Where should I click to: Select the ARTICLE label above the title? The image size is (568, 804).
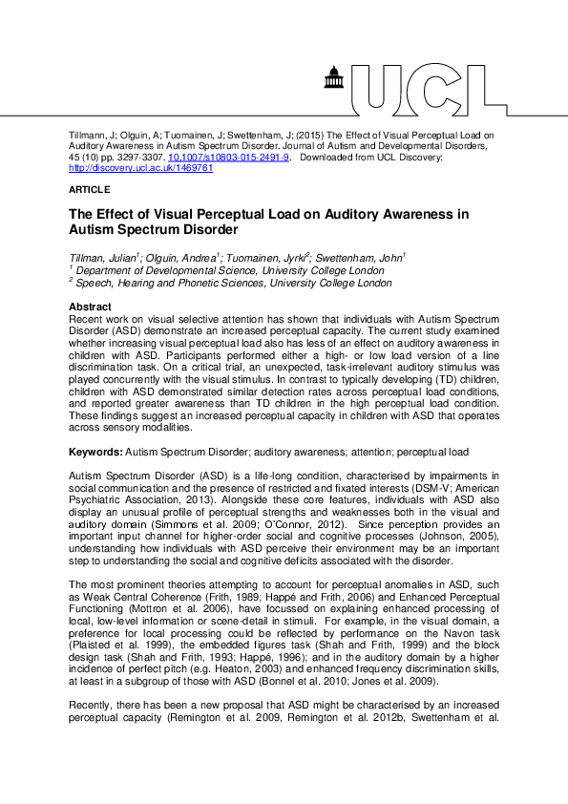tap(90, 190)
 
